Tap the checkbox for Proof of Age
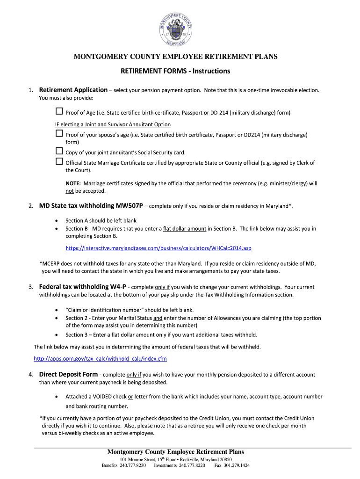pyautogui.click(x=59, y=112)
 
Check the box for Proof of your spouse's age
pyautogui.click(x=59, y=133)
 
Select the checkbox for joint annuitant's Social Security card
pyautogui.click(x=59, y=151)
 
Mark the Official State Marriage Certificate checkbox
pyautogui.click(x=59, y=161)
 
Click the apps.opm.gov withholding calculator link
pyautogui.click(x=100, y=359)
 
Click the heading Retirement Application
pyautogui.click(x=73, y=90)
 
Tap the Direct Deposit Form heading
pyautogui.click(x=68, y=374)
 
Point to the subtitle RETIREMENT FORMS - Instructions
pyautogui.click(x=175, y=71)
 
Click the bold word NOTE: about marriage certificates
pyautogui.click(x=73, y=183)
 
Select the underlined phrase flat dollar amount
pyautogui.click(x=185, y=229)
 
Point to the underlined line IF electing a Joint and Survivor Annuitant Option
pyautogui.click(x=113, y=124)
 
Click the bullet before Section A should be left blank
pyautogui.click(x=57, y=220)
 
